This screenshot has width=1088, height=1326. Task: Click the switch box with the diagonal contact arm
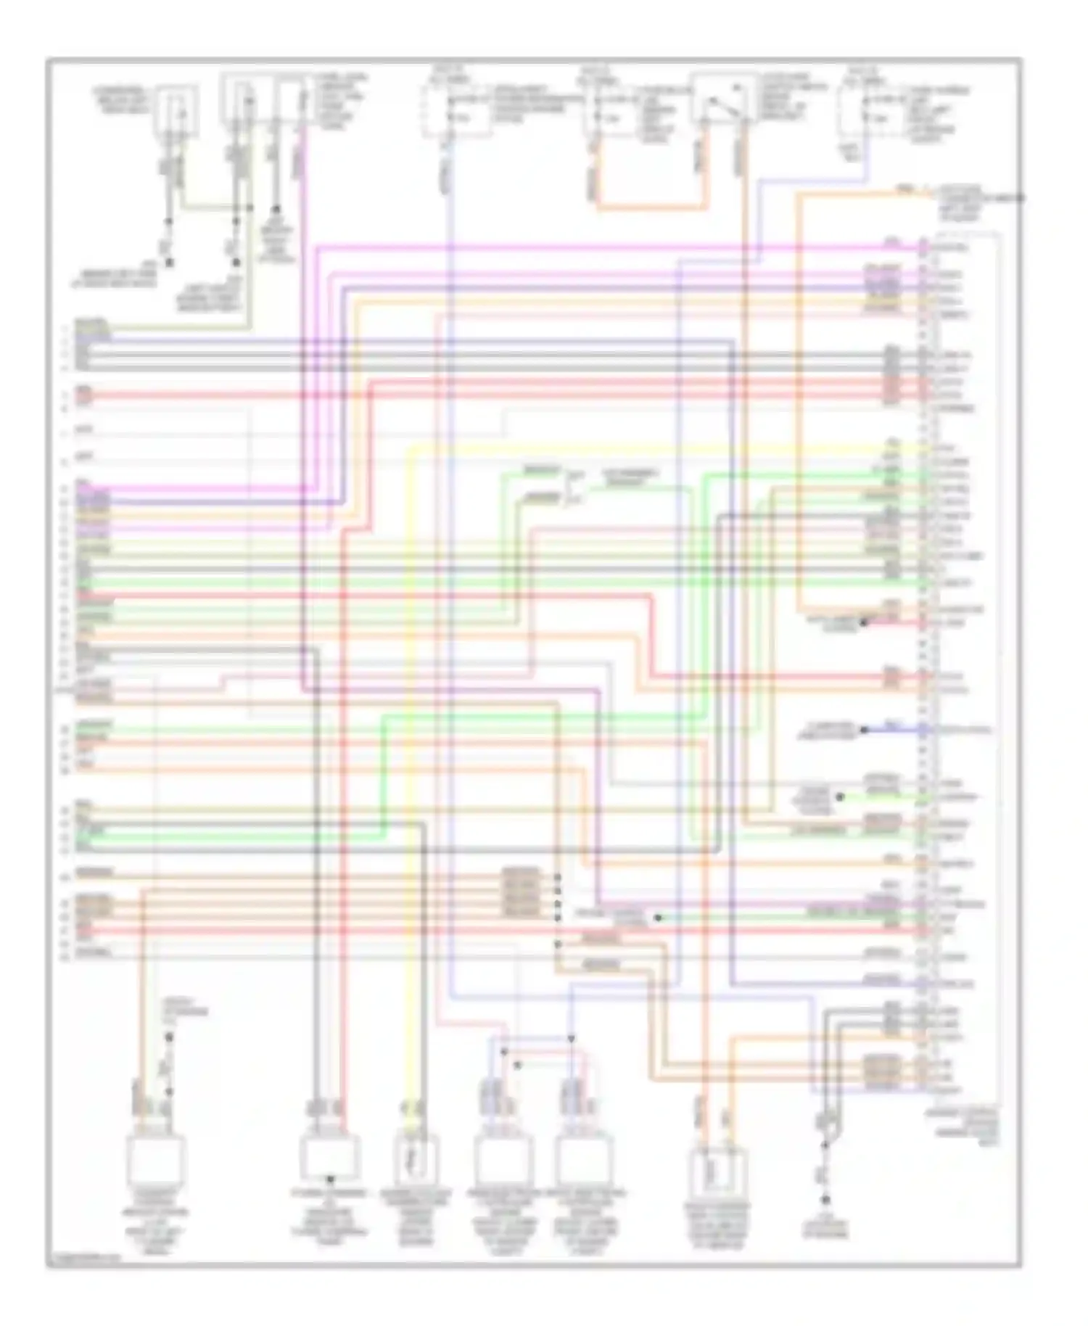click(720, 98)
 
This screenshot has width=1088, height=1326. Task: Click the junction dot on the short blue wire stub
click(864, 730)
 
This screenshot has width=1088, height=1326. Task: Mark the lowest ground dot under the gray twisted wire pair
click(825, 1201)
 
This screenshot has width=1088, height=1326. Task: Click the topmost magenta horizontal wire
click(617, 247)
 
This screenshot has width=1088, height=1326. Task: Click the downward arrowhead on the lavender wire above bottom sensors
click(571, 1039)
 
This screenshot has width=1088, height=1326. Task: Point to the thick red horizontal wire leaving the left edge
click(218, 396)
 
